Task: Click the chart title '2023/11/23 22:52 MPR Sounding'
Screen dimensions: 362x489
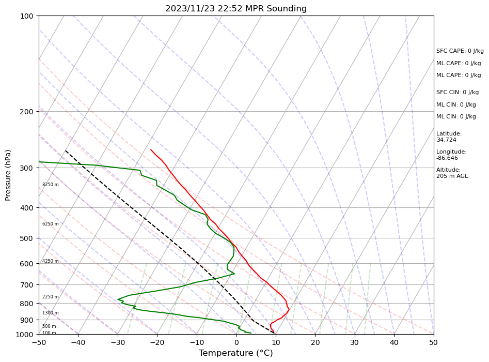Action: click(236, 9)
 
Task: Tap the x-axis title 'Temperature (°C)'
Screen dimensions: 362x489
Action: click(236, 353)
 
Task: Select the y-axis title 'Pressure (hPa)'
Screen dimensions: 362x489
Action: click(8, 175)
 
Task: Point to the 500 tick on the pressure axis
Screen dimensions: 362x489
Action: click(26, 238)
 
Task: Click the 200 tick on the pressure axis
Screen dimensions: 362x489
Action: click(26, 112)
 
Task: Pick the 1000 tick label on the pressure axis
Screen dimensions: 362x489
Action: click(24, 335)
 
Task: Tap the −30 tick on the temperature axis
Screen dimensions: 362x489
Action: click(118, 342)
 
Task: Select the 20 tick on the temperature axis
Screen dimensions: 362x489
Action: click(316, 342)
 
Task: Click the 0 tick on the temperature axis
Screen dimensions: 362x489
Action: click(236, 342)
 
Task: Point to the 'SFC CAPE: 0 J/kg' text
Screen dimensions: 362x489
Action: click(460, 51)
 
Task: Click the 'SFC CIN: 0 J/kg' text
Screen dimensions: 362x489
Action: click(458, 93)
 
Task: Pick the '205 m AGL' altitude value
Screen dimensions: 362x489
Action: click(452, 176)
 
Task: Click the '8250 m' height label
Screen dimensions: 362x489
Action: click(51, 185)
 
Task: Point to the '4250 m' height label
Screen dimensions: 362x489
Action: click(51, 261)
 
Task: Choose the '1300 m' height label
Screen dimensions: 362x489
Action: click(51, 313)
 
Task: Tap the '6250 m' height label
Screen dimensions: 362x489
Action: click(51, 224)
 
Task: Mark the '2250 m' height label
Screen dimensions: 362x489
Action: click(51, 297)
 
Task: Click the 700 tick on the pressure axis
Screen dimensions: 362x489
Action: click(26, 285)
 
